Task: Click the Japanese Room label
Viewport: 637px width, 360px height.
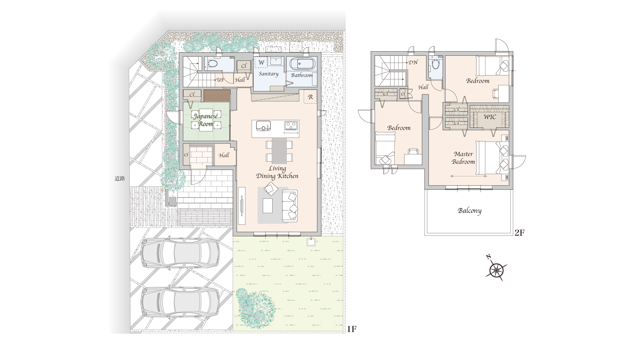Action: [206, 120]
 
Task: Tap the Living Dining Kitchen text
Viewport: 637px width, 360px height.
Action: [277, 173]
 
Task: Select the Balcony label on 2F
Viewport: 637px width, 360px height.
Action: [469, 211]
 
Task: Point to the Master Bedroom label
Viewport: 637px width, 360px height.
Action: [463, 158]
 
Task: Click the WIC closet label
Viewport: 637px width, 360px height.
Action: [490, 117]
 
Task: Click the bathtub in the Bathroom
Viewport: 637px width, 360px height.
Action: [303, 64]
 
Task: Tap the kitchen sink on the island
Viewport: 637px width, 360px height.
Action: [263, 126]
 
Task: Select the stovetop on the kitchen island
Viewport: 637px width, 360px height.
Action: [291, 125]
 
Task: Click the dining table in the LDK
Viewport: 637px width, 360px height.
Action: [279, 151]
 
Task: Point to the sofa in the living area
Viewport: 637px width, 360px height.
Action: [290, 206]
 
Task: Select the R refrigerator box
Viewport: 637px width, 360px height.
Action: [310, 97]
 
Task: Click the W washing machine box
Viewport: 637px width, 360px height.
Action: [261, 62]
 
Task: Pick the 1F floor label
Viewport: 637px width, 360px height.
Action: [352, 329]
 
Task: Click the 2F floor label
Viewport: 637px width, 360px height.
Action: [519, 233]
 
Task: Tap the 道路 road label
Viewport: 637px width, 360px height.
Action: [120, 179]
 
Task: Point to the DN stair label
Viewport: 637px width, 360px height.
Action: [413, 62]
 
